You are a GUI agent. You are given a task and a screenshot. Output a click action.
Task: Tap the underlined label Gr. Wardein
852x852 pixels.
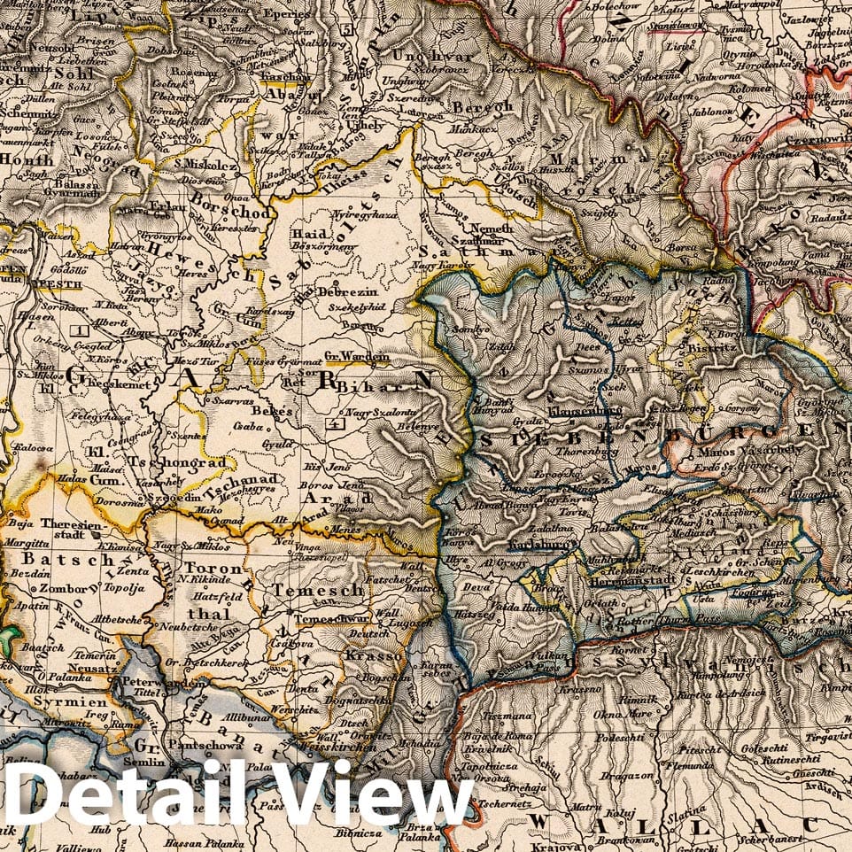pyautogui.click(x=357, y=358)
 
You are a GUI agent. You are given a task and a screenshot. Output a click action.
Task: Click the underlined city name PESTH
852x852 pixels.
pyautogui.click(x=58, y=286)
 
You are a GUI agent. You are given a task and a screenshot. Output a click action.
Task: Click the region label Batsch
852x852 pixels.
pyautogui.click(x=54, y=560)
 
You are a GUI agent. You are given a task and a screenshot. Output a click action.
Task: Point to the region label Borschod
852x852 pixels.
pyautogui.click(x=221, y=213)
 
